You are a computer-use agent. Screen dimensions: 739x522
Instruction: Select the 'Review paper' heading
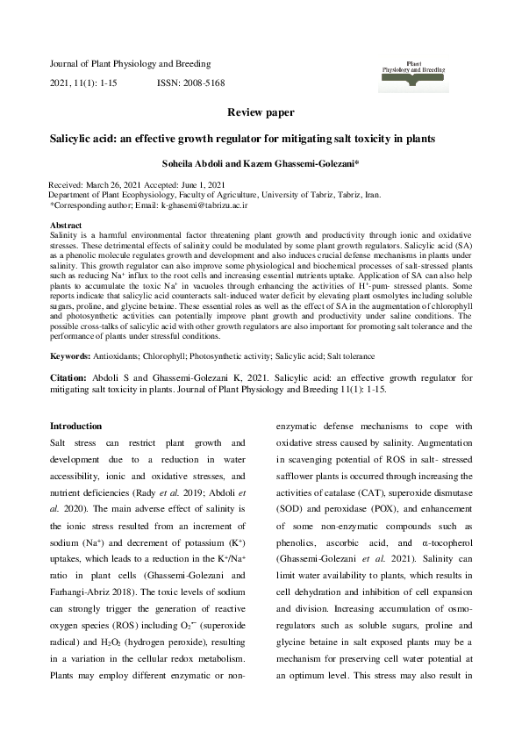tap(261, 113)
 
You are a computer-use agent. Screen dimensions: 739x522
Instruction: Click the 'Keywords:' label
tap(71, 356)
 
